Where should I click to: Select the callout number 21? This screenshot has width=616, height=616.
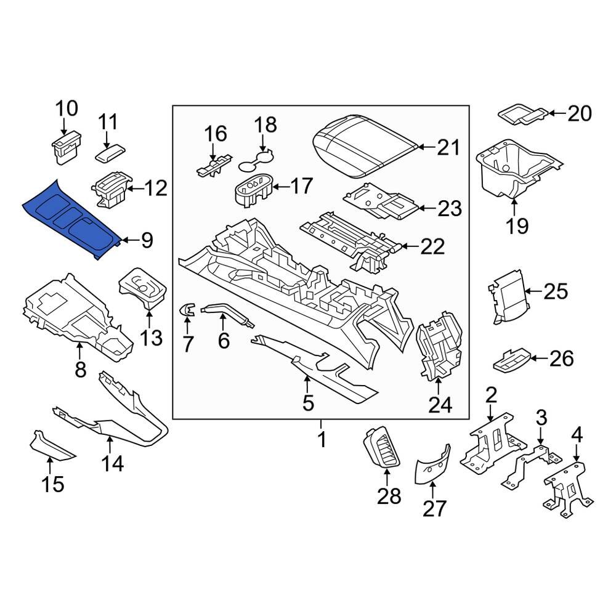click(448, 147)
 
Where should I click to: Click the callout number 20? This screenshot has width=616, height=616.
click(579, 113)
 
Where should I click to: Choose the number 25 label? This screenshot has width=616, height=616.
click(556, 291)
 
